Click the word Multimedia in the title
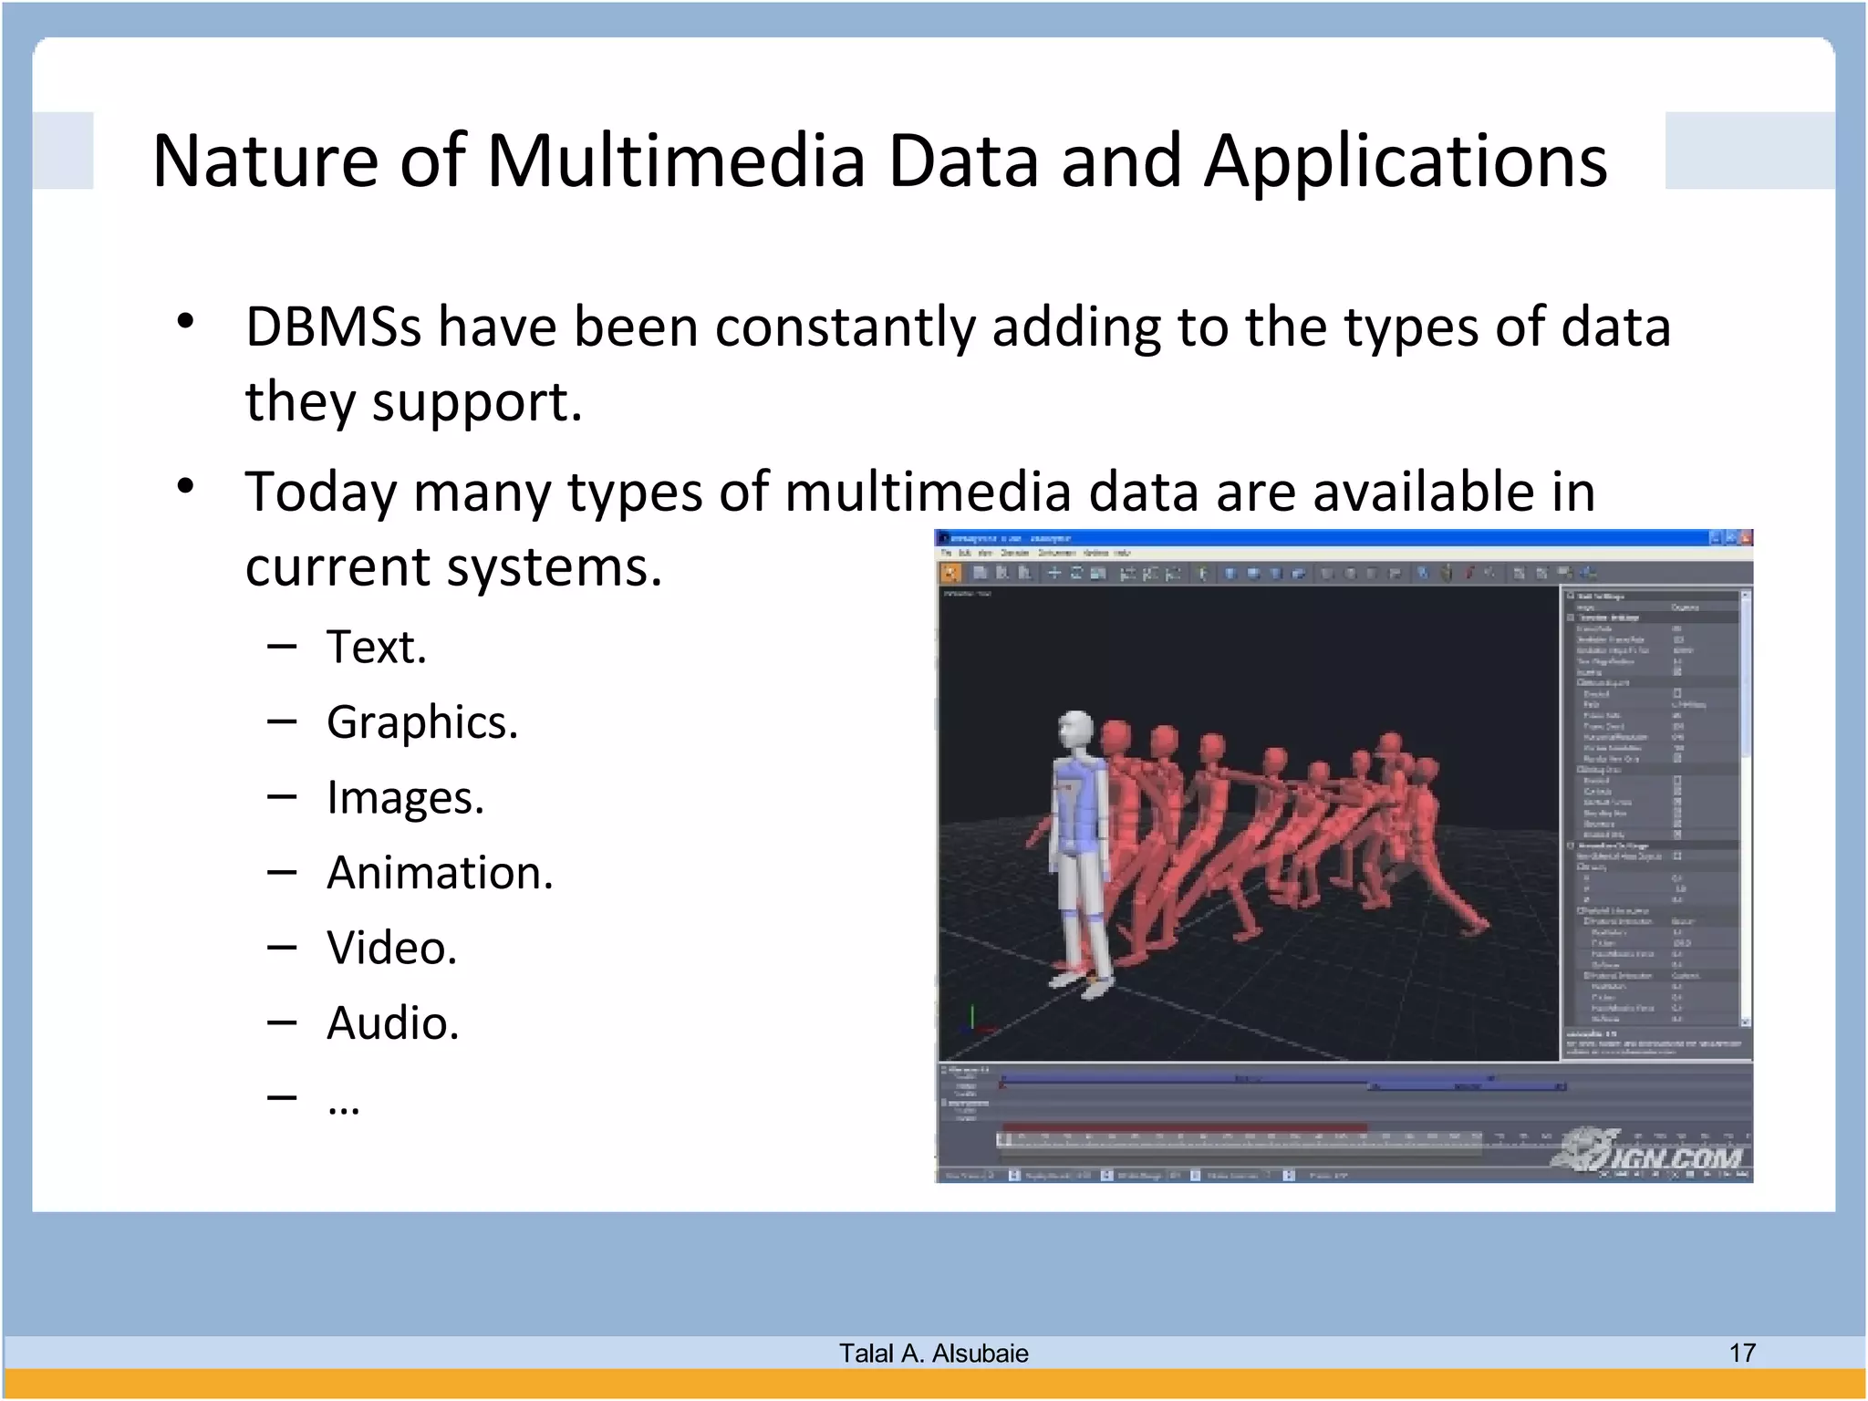675,161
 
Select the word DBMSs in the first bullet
333,327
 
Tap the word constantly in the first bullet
845,327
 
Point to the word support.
476,402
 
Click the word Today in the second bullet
320,492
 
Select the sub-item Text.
377,647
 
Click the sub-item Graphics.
422,722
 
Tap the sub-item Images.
405,797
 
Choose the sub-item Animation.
440,873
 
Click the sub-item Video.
392,948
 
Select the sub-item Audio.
393,1023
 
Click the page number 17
1742,1353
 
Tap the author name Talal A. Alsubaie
933,1353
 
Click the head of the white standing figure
1076,730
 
